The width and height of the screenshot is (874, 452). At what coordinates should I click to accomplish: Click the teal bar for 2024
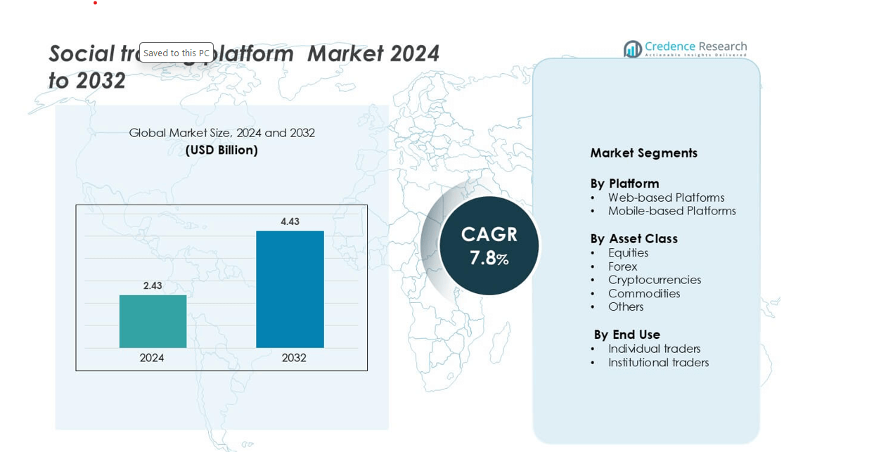click(153, 321)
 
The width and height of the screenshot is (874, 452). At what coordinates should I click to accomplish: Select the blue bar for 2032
click(290, 289)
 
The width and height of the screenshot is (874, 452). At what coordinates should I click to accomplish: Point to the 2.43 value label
click(153, 285)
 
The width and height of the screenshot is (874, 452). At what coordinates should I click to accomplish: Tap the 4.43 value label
click(290, 221)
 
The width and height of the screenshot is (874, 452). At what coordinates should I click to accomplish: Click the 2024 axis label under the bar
click(152, 358)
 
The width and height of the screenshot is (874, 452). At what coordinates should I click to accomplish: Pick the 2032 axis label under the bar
click(294, 358)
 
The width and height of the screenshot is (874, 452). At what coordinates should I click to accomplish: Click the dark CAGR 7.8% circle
click(489, 245)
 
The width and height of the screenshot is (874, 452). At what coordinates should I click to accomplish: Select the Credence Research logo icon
click(633, 49)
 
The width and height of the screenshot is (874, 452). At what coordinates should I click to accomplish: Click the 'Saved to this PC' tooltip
click(176, 53)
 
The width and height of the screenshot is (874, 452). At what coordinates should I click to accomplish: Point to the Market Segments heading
click(643, 153)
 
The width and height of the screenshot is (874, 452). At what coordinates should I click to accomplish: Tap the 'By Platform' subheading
click(624, 183)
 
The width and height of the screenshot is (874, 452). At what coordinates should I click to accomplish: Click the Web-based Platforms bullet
click(666, 198)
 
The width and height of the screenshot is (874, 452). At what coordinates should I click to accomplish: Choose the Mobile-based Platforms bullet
click(671, 211)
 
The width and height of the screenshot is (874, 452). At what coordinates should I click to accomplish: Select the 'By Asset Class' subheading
click(634, 238)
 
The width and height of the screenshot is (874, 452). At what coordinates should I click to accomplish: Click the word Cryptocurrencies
click(655, 280)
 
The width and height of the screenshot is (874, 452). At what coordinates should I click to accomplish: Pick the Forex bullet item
click(622, 266)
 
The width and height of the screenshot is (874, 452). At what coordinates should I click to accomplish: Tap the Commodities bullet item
click(644, 293)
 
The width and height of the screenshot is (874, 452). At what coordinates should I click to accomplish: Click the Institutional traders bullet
click(658, 363)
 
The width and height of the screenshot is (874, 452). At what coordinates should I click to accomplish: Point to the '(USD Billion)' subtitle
click(221, 150)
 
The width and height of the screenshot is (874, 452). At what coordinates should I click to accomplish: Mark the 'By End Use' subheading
click(626, 335)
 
